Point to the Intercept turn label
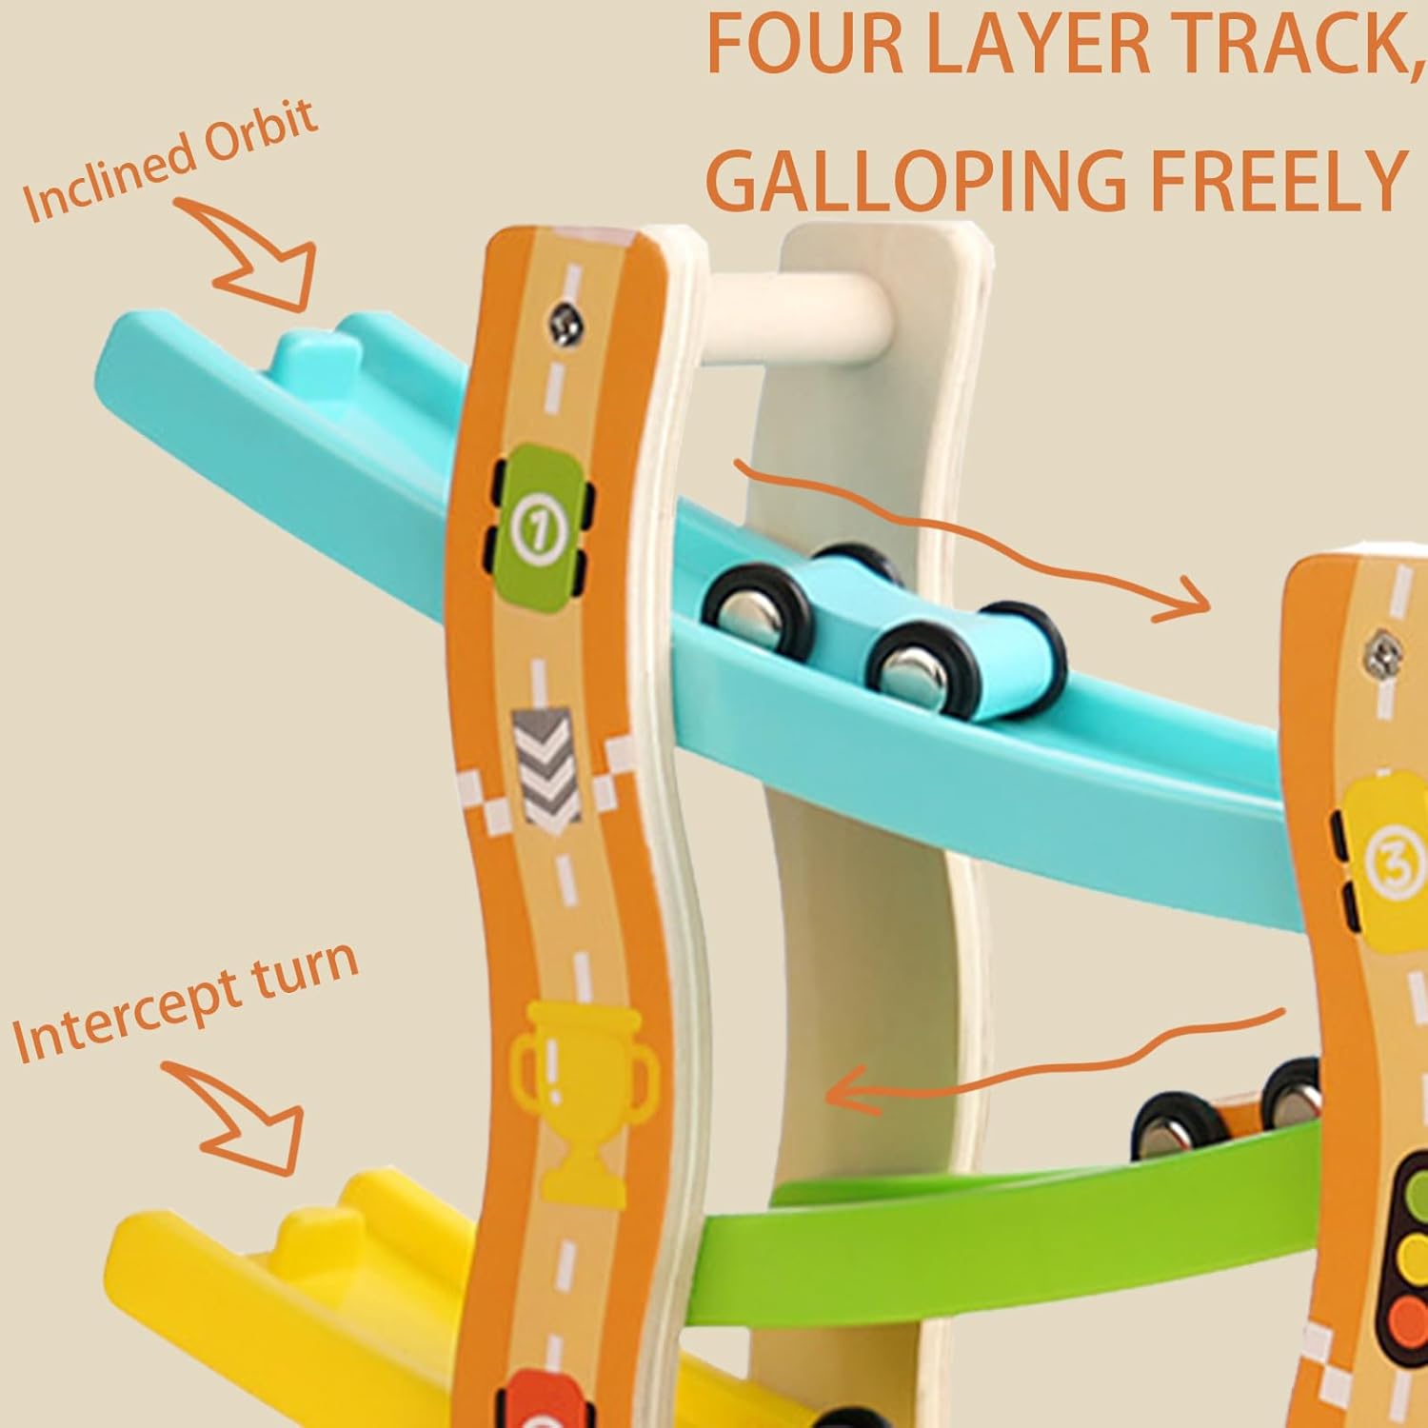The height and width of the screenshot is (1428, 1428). click(x=186, y=1001)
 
